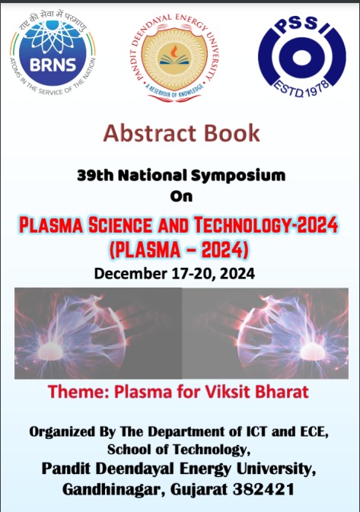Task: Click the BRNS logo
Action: pos(53,52)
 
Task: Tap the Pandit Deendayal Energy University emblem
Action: pos(175,58)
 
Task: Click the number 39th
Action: pos(95,175)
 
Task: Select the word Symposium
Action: pos(238,176)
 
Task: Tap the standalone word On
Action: pos(181,196)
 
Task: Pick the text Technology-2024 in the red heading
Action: pos(266,225)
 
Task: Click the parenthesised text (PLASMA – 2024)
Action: pos(178,250)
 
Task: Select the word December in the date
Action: pos(131,273)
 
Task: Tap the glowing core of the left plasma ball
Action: pos(51,352)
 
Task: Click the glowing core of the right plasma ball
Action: pos(312,352)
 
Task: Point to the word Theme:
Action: pos(78,392)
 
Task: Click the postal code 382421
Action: pos(263,489)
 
